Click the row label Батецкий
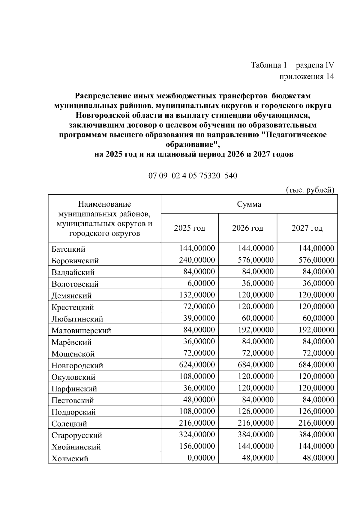[x=68, y=249]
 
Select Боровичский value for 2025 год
[x=197, y=260]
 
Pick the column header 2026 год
[x=247, y=228]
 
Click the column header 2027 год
[x=307, y=228]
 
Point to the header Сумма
[x=249, y=204]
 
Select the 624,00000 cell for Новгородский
[x=197, y=365]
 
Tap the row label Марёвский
[x=72, y=342]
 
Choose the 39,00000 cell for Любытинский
[x=199, y=318]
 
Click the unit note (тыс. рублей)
[x=310, y=190]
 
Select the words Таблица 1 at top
[x=269, y=65]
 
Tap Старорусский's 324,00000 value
[x=197, y=434]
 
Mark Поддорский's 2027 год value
[x=316, y=411]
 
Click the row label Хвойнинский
[x=76, y=447]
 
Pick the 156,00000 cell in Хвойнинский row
[x=197, y=446]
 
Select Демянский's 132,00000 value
[x=197, y=295]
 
